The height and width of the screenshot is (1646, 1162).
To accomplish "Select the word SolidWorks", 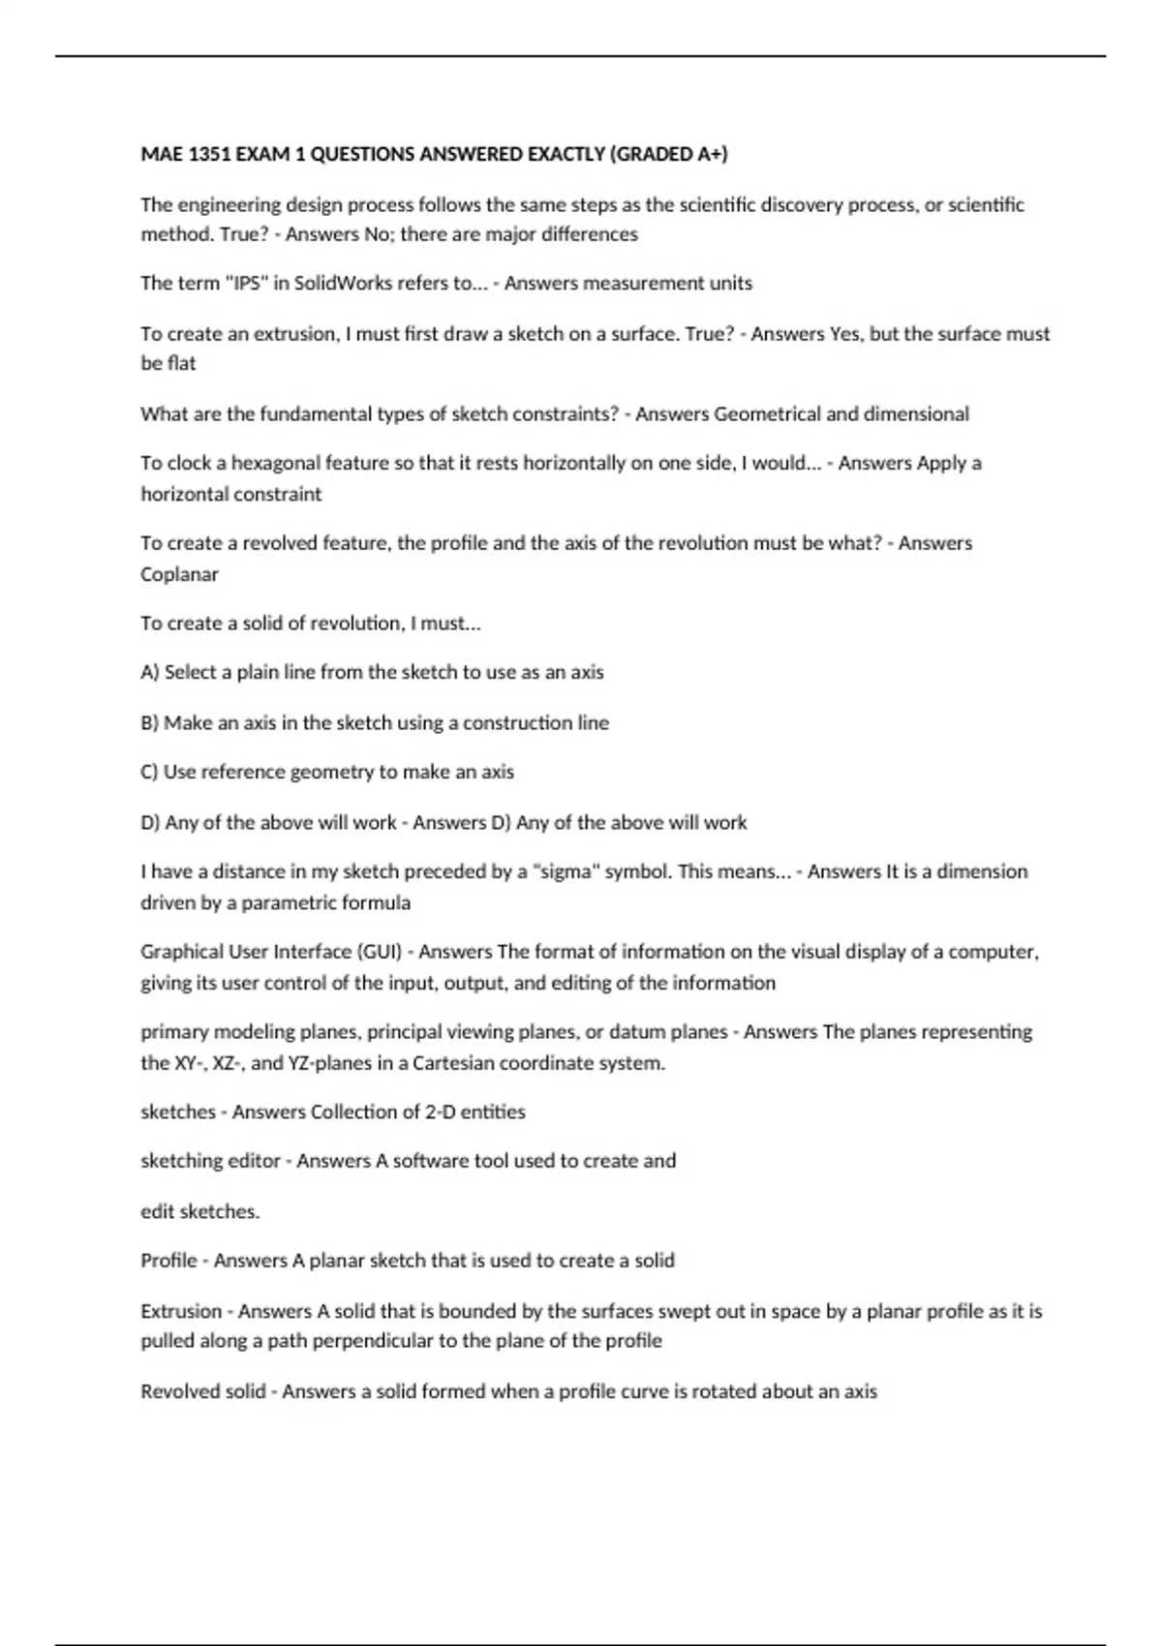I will point(346,284).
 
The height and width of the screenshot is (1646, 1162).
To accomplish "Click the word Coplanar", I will point(179,574).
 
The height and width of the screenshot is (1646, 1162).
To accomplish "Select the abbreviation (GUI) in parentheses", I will point(379,952).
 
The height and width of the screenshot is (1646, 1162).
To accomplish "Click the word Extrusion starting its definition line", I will point(181,1312).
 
